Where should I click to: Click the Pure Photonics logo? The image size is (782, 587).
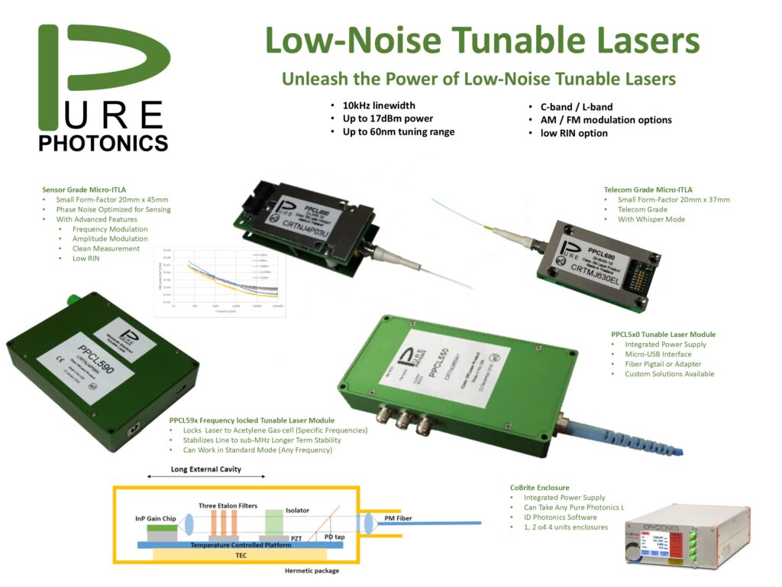pyautogui.click(x=103, y=88)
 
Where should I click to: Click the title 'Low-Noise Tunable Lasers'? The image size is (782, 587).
pyautogui.click(x=482, y=40)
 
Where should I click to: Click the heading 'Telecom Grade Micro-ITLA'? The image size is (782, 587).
pyautogui.click(x=648, y=190)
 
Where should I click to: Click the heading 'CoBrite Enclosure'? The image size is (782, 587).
pyautogui.click(x=539, y=487)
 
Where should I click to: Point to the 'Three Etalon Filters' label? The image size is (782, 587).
pyautogui.click(x=228, y=505)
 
